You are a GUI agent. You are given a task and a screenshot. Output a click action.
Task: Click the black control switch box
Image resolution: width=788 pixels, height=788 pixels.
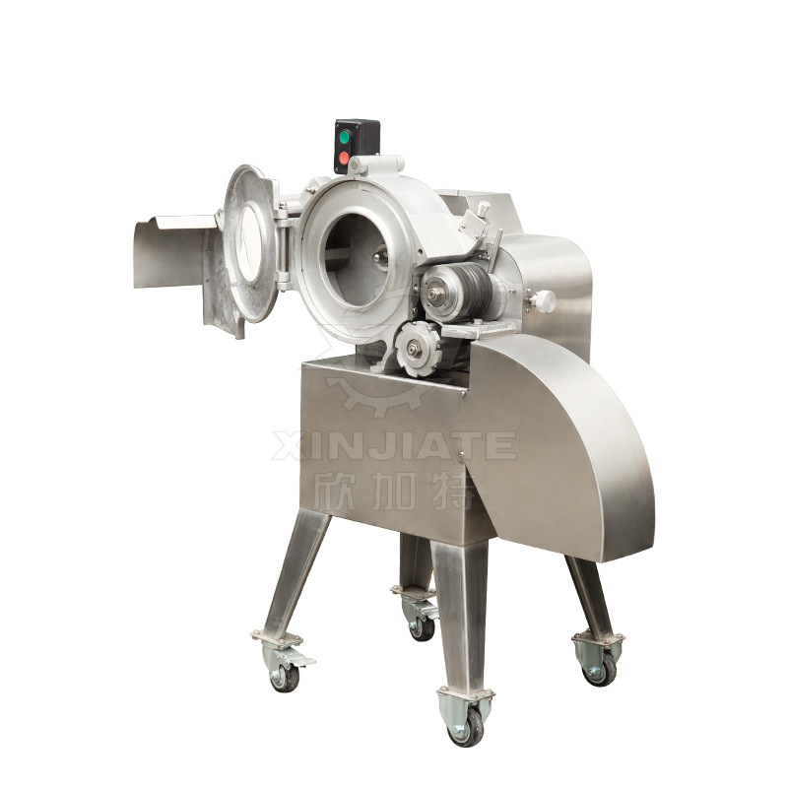357,146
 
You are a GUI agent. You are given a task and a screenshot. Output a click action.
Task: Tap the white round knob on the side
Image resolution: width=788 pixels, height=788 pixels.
544,301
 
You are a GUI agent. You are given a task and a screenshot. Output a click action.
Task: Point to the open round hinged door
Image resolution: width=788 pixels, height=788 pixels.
250,243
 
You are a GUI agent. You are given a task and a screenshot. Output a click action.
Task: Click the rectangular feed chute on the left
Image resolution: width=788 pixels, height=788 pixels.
173,251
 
